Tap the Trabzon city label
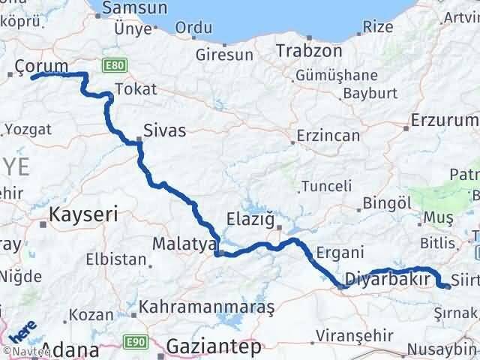pyautogui.click(x=309, y=51)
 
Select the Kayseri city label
pyautogui.click(x=84, y=214)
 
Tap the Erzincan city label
pyautogui.click(x=328, y=136)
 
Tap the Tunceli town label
pyautogui.click(x=328, y=186)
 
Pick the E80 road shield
pyautogui.click(x=115, y=66)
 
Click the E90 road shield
pyautogui.click(x=135, y=342)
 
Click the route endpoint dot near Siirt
pyautogui.click(x=447, y=286)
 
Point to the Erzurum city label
pyautogui.click(x=445, y=120)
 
